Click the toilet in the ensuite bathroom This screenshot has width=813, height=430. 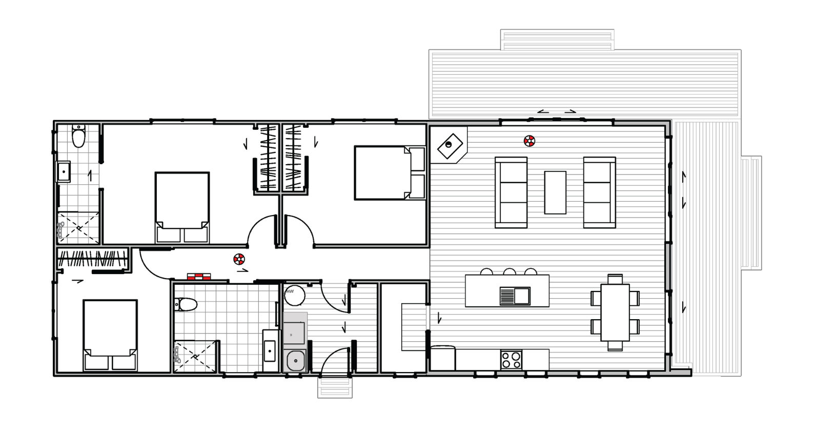(x=78, y=135)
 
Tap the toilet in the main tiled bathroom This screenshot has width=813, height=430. (x=186, y=304)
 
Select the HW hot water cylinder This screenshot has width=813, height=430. (x=294, y=295)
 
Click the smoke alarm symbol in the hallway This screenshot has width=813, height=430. (x=239, y=259)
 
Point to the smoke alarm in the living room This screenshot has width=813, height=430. (x=529, y=141)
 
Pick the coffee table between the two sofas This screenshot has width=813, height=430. (x=555, y=192)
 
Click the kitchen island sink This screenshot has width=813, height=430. (x=515, y=296)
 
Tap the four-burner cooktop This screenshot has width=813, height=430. (x=511, y=360)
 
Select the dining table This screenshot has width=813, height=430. (x=615, y=312)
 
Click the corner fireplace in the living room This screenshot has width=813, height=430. (x=450, y=146)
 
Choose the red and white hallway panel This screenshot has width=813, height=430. (x=199, y=277)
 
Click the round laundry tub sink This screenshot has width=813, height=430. (x=295, y=361)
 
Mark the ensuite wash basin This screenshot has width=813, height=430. (x=64, y=172)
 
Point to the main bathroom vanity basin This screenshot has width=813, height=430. (x=269, y=351)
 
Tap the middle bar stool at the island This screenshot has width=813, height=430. (x=510, y=271)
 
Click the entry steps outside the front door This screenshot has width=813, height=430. (x=335, y=387)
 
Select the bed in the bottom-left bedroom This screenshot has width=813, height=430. (x=110, y=335)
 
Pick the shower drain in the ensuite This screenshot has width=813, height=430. (x=79, y=228)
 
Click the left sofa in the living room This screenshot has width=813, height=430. (x=511, y=192)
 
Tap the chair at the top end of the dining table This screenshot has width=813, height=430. (x=615, y=279)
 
